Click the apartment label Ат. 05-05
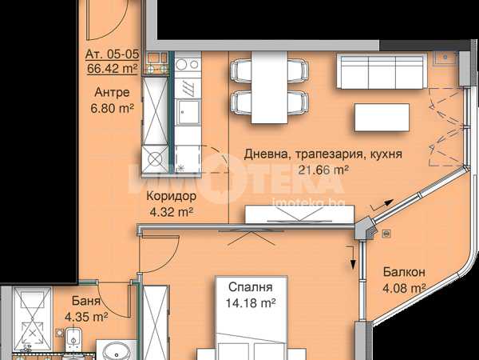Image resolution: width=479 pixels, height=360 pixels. [x=112, y=54]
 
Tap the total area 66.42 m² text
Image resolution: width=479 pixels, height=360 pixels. [x=112, y=68]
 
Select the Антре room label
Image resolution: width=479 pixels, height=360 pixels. [x=112, y=92]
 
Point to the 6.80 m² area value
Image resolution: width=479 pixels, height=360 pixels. [x=112, y=108]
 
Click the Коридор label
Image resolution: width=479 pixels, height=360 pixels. [x=171, y=196]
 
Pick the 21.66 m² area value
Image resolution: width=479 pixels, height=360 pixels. [x=323, y=170]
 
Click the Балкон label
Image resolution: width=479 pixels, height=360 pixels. [x=404, y=272]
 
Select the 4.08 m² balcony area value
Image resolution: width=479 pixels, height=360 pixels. [x=404, y=288]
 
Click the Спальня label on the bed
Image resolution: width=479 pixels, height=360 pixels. [x=250, y=287]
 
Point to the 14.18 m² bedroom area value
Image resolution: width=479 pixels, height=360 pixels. [x=251, y=303]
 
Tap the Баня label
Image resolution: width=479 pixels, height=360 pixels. [x=86, y=301]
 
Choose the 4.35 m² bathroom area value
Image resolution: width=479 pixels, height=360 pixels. [x=86, y=317]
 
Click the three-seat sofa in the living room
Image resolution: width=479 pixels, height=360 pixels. [x=382, y=72]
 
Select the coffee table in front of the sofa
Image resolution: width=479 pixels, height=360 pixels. [x=382, y=118]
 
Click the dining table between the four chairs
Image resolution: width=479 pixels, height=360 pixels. [x=270, y=87]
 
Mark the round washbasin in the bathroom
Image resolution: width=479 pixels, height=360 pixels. [x=117, y=351]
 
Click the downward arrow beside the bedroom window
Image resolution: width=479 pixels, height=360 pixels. [x=352, y=257]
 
